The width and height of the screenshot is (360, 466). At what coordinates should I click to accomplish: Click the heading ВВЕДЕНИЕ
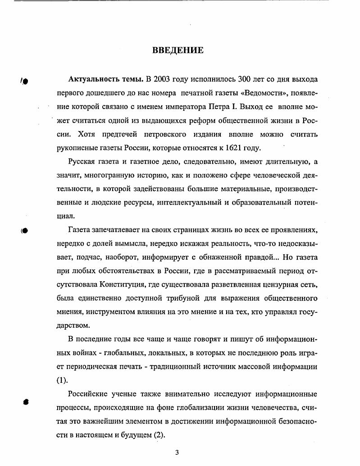pyautogui.click(x=178, y=50)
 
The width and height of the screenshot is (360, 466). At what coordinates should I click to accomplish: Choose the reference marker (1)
pyautogui.click(x=62, y=380)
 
